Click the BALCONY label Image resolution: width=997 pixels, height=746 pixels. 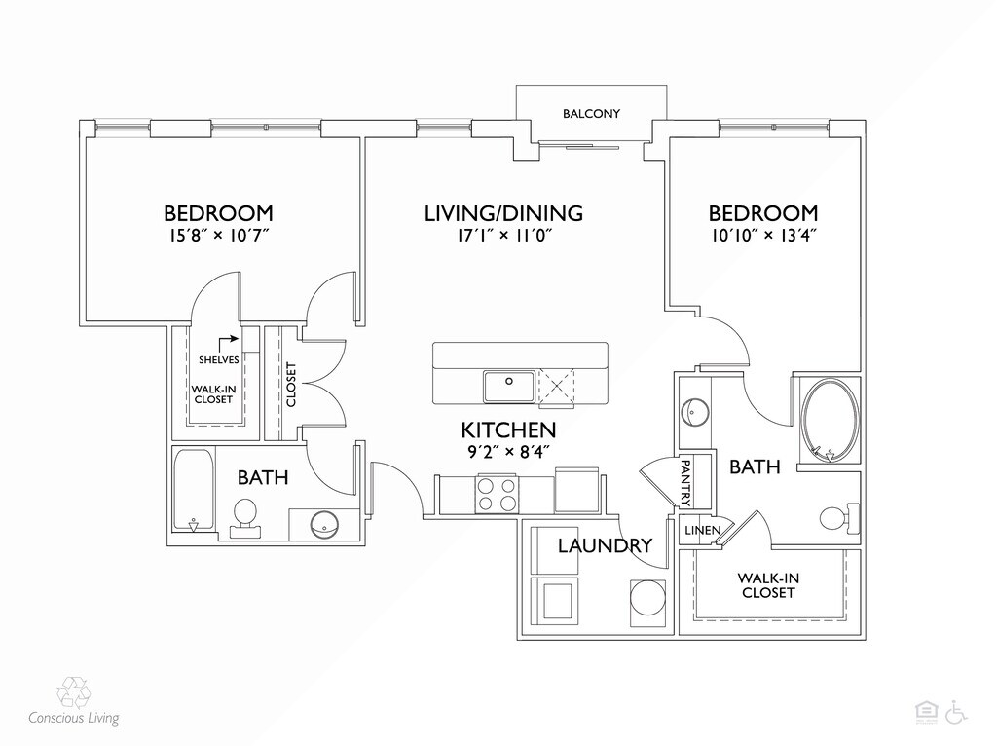tap(591, 114)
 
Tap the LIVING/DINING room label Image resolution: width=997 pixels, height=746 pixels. tap(503, 213)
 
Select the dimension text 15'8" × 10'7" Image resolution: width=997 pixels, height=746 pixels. tap(219, 236)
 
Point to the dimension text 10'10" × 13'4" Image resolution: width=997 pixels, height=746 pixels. tap(763, 236)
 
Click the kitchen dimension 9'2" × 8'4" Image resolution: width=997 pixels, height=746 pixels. tap(508, 452)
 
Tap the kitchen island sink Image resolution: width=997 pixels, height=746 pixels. tap(508, 387)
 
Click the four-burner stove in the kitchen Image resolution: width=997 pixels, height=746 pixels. tap(497, 494)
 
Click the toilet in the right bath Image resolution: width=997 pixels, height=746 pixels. tap(839, 517)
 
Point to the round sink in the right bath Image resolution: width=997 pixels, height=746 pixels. tap(695, 412)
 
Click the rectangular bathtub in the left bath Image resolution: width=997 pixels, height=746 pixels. tap(194, 490)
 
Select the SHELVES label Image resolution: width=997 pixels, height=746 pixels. tap(219, 360)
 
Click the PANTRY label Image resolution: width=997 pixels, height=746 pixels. tap(686, 483)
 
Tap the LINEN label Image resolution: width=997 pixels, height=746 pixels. tap(703, 531)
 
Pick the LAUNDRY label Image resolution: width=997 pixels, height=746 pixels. tap(605, 545)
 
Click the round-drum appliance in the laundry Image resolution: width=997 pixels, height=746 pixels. tap(647, 597)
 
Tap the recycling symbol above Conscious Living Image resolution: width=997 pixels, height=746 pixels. tap(73, 692)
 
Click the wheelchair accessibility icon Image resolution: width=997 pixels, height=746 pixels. tap(956, 712)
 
